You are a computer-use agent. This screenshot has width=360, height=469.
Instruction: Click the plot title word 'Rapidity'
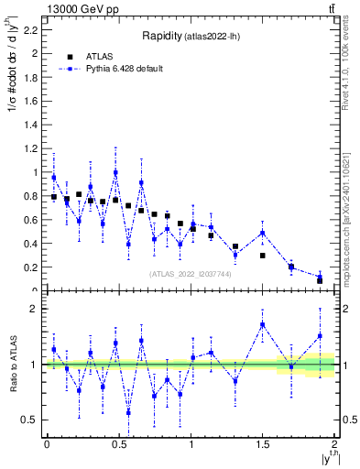click(161, 37)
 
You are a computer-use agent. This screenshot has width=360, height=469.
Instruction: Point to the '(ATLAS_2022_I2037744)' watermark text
click(191, 274)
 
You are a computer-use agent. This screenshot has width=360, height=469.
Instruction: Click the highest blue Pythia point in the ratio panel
click(262, 324)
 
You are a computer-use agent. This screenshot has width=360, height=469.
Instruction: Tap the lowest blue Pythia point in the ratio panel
click(128, 412)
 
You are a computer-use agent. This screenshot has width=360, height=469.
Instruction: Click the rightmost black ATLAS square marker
click(320, 279)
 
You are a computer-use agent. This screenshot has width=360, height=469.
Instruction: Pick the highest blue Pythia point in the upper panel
click(115, 172)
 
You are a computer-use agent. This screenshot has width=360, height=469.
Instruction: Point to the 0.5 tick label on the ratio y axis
click(33, 420)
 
